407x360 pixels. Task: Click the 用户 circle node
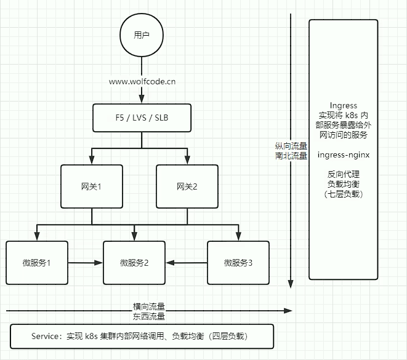pos(142,35)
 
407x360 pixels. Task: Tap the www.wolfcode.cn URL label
pos(142,81)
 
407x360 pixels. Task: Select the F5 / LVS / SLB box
pos(142,118)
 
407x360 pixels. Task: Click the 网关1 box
pos(91,186)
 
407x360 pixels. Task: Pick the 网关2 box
pos(186,186)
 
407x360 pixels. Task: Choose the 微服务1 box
pos(36,263)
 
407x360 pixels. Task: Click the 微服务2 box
pos(134,263)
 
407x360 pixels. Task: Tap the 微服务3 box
pos(238,263)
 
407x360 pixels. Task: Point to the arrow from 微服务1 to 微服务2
pos(85,263)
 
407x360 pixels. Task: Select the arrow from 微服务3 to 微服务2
pos(187,263)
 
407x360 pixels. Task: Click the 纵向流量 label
pos(291,146)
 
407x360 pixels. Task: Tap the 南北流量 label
pos(291,156)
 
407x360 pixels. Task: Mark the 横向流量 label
pos(149,306)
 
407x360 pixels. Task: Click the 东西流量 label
pos(149,316)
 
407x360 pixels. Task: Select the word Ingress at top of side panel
pos(343,106)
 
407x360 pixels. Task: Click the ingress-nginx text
pos(343,154)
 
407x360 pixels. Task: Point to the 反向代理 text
pos(343,174)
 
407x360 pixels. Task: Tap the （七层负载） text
pos(343,194)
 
